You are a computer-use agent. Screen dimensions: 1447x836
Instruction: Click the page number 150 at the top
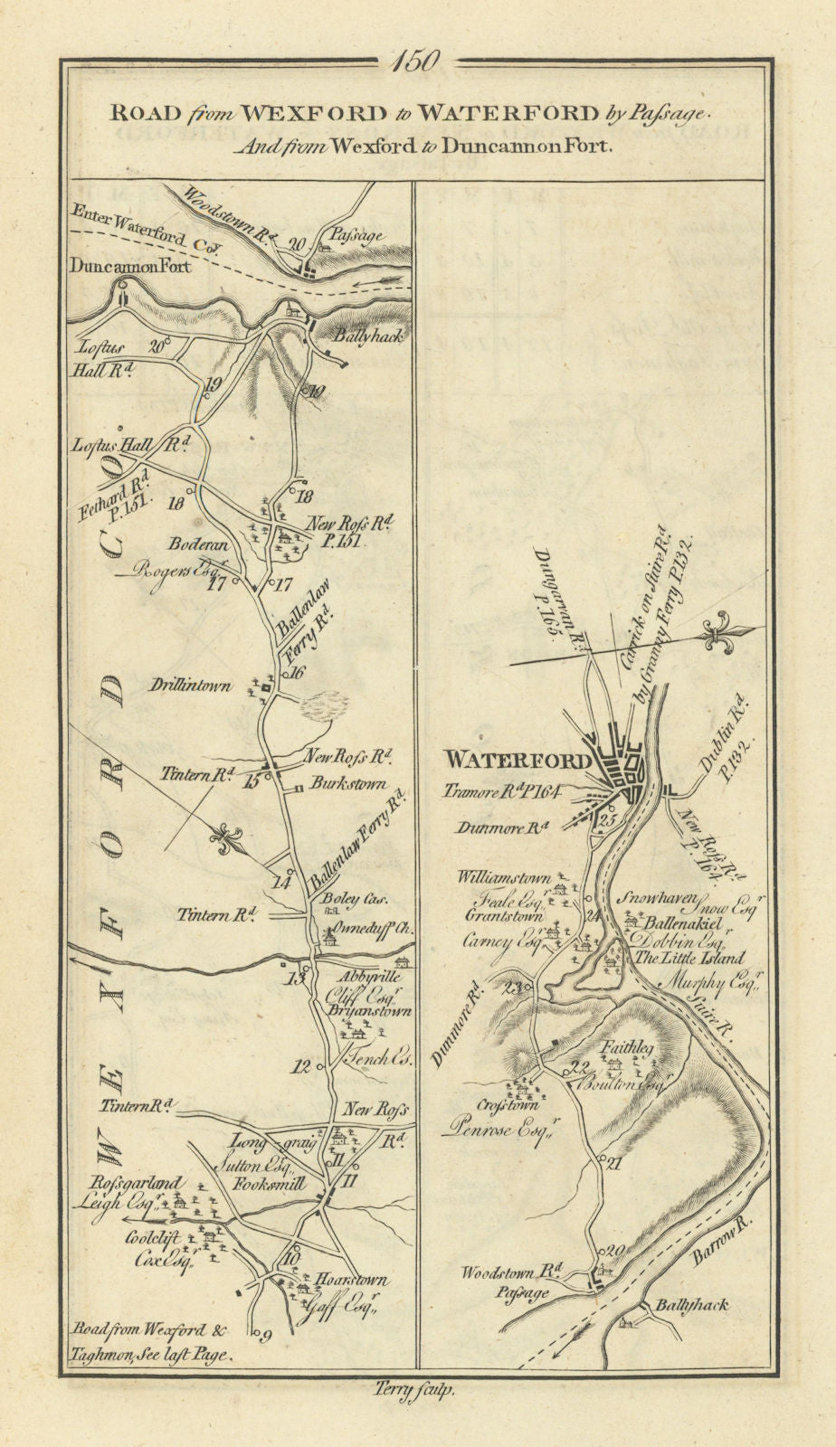coord(417,62)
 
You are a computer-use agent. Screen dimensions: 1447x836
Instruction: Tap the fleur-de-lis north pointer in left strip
coord(225,839)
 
